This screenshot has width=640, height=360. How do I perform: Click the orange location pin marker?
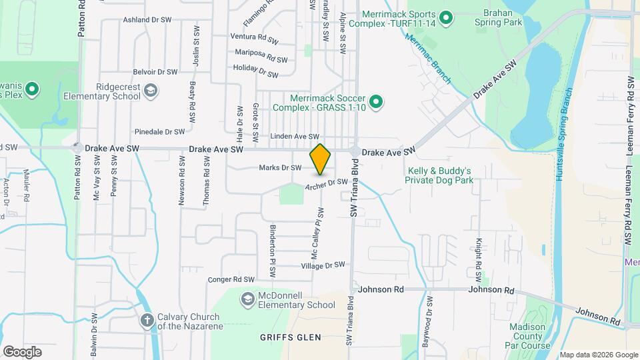click(x=320, y=159)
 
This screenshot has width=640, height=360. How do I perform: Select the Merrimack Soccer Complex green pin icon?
click(x=376, y=102)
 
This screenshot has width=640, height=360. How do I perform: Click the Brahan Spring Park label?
click(x=498, y=17)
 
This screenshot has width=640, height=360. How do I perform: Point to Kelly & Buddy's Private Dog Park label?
click(x=439, y=175)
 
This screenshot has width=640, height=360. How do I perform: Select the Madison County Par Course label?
click(x=530, y=336)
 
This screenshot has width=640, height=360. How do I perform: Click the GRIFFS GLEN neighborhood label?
click(x=286, y=338)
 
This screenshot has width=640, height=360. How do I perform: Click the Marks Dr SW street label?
click(x=280, y=167)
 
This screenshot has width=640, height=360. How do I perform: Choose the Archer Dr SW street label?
click(x=327, y=183)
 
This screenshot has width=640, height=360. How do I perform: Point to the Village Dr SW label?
click(x=323, y=265)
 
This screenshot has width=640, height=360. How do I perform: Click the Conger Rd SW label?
click(x=231, y=279)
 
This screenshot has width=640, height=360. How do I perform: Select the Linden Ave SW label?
click(x=295, y=136)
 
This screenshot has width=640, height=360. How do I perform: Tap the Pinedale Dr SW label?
click(x=159, y=132)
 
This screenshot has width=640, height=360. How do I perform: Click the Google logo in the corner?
click(x=22, y=351)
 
